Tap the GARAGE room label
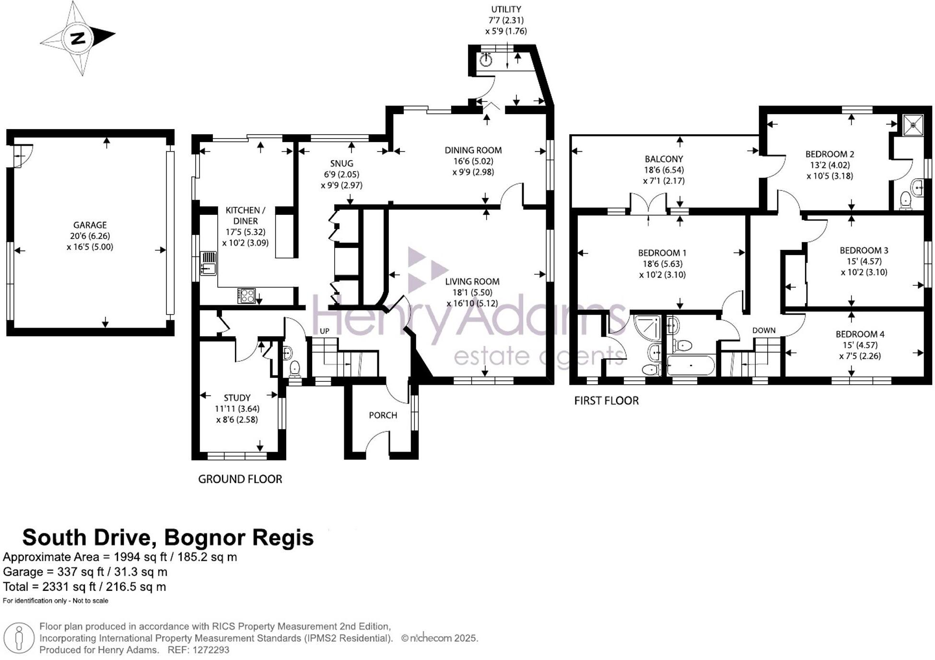pyautogui.click(x=90, y=225)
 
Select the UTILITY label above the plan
pyautogui.click(x=506, y=9)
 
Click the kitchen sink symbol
pyautogui.click(x=208, y=263)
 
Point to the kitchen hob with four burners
pyautogui.click(x=246, y=295)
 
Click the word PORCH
pyautogui.click(x=383, y=415)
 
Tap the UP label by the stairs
pyautogui.click(x=325, y=331)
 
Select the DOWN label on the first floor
pyautogui.click(x=764, y=330)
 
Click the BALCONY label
pyautogui.click(x=664, y=159)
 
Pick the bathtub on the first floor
pyautogui.click(x=690, y=365)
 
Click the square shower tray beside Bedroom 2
pyautogui.click(x=912, y=125)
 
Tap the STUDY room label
pyautogui.click(x=237, y=398)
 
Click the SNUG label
pyautogui.click(x=341, y=164)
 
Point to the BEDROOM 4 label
pyautogui.click(x=860, y=334)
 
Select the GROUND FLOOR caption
pyautogui.click(x=240, y=479)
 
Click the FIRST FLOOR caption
pyautogui.click(x=607, y=401)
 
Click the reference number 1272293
pyautogui.click(x=210, y=650)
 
